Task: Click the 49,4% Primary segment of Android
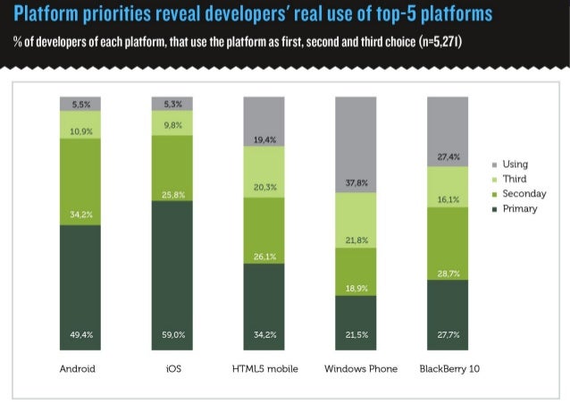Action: pyautogui.click(x=81, y=286)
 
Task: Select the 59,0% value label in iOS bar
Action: pyautogui.click(x=172, y=335)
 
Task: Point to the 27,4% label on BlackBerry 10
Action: pyautogui.click(x=448, y=156)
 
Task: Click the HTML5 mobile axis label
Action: pyautogui.click(x=264, y=368)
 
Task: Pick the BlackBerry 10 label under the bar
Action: pyautogui.click(x=448, y=368)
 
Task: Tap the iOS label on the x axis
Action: pyautogui.click(x=172, y=368)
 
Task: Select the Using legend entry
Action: pyautogui.click(x=515, y=164)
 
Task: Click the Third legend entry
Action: pyautogui.click(x=515, y=179)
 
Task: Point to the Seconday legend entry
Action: pyautogui.click(x=524, y=194)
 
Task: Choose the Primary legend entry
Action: pyautogui.click(x=519, y=209)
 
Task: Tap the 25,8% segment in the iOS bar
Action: pyautogui.click(x=172, y=168)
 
